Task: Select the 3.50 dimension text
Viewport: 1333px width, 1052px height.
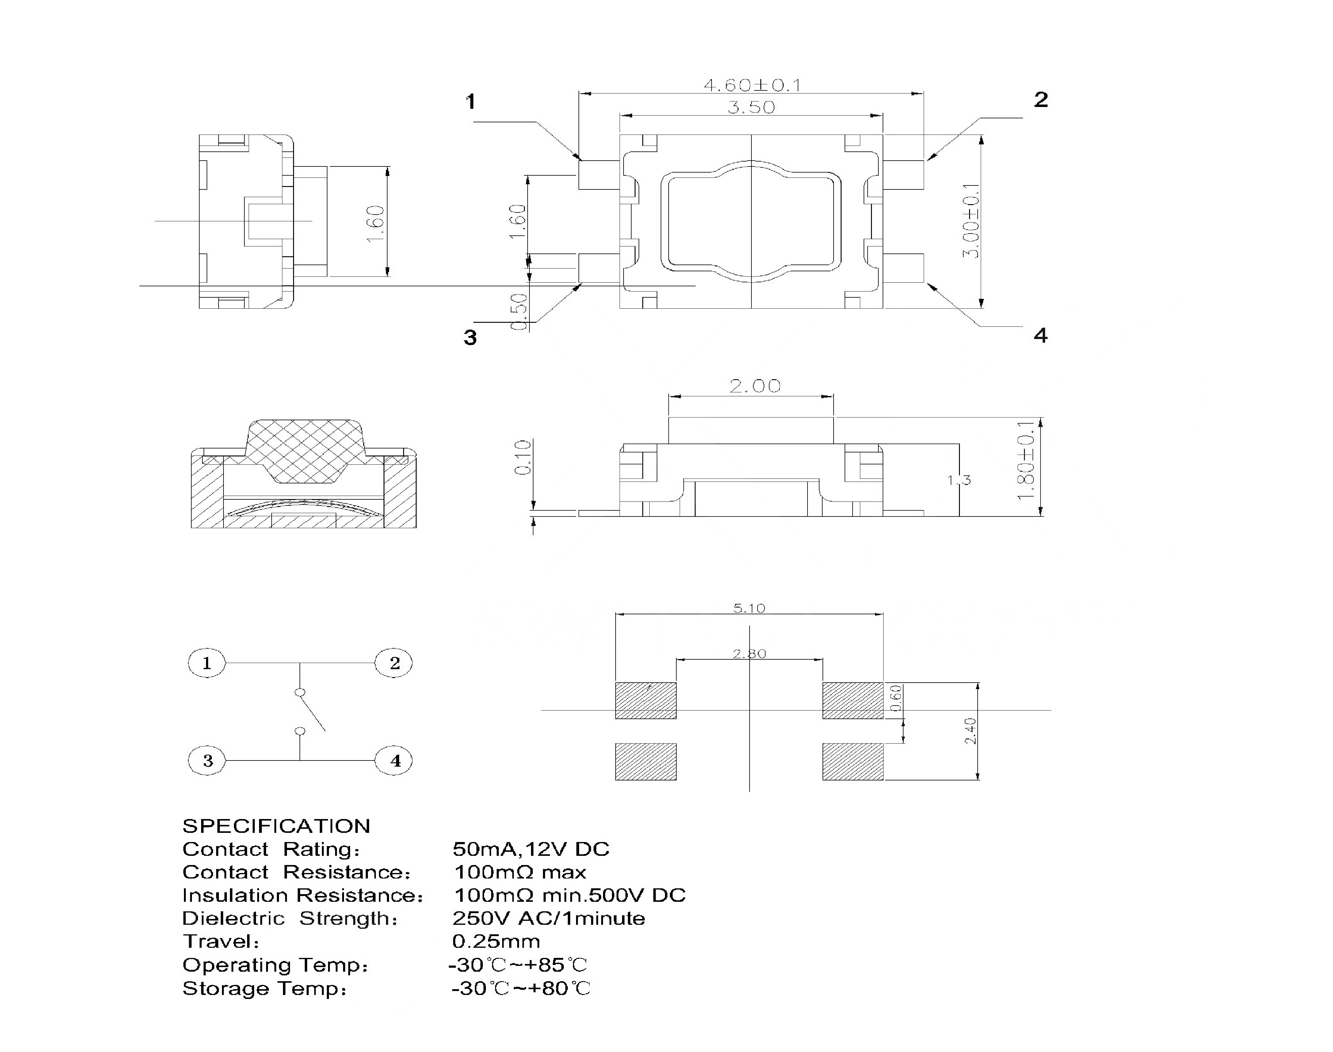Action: [751, 108]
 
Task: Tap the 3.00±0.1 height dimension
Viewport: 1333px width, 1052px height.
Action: [972, 220]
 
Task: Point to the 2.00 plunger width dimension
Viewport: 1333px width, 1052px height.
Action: [754, 386]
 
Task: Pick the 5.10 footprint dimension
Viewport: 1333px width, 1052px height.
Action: [749, 608]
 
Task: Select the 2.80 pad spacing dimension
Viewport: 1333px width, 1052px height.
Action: [749, 654]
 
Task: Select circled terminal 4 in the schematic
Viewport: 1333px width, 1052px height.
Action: [394, 761]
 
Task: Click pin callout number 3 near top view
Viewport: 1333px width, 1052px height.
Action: [470, 337]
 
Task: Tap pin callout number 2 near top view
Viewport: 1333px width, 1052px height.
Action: [1041, 100]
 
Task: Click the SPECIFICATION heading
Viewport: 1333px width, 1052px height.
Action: [276, 826]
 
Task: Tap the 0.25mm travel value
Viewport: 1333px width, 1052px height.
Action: [496, 941]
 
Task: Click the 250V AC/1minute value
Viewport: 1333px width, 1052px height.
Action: [548, 918]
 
